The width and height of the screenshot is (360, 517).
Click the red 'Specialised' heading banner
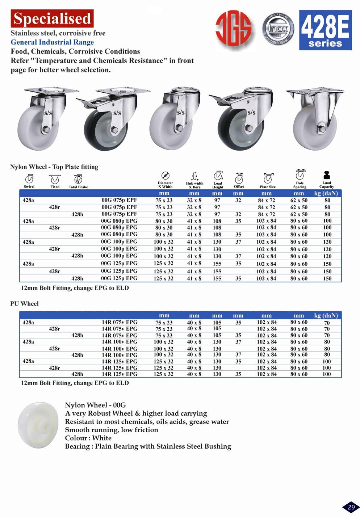(x=52, y=19)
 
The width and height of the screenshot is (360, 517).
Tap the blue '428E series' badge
(x=325, y=30)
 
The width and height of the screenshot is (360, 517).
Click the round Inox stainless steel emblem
(x=278, y=29)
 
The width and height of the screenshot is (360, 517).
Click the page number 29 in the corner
(x=351, y=507)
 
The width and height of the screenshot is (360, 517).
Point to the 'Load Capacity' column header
(x=327, y=185)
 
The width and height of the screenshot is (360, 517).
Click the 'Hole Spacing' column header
(x=300, y=185)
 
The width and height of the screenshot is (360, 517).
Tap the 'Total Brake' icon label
(x=78, y=187)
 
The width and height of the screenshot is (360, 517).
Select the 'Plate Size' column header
(x=268, y=187)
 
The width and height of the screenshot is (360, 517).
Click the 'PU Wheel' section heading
(x=24, y=304)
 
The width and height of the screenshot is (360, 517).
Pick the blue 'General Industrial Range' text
(x=52, y=42)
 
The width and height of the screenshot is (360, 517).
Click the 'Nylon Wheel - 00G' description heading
(x=95, y=405)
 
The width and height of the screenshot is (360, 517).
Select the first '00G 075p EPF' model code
(x=119, y=200)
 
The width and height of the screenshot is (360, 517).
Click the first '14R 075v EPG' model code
(x=119, y=322)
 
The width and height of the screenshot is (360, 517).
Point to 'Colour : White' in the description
(x=88, y=438)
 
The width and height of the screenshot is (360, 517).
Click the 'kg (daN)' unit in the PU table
(x=326, y=315)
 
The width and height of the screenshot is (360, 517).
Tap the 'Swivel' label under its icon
(x=29, y=187)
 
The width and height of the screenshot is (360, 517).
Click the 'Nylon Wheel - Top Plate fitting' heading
(x=54, y=167)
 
